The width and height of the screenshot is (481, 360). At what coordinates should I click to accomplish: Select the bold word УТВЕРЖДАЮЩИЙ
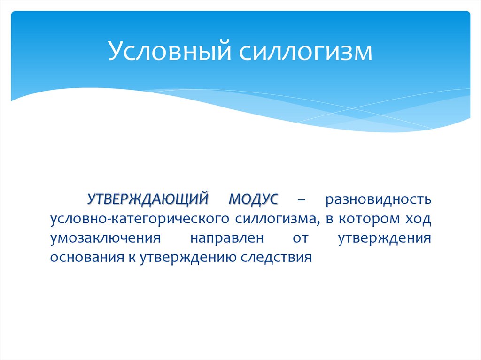coord(147,199)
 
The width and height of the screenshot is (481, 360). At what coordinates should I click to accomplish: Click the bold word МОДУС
coord(253,199)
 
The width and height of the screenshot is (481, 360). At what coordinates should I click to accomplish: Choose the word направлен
coord(227,238)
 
